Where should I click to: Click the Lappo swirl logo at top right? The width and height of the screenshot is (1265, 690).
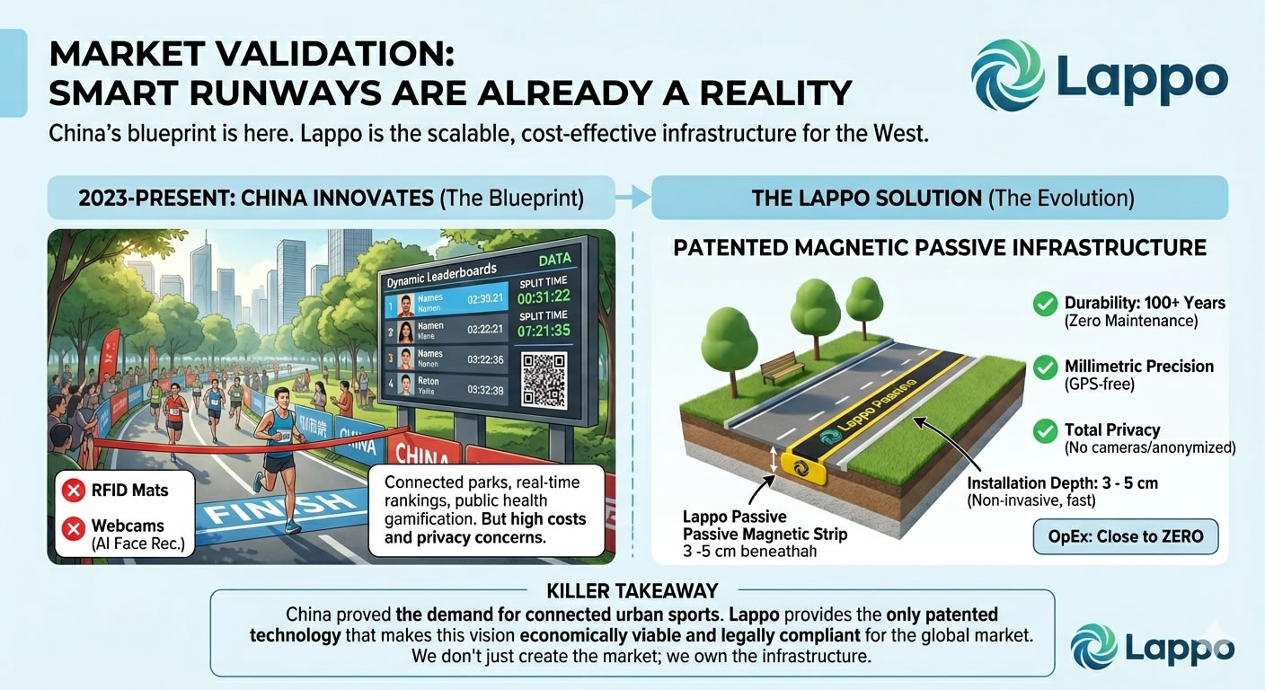(1008, 75)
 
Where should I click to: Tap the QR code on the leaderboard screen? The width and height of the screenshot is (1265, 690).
(544, 379)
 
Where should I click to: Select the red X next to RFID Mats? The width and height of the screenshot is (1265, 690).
(72, 490)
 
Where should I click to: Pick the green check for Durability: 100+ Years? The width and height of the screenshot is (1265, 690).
(1045, 305)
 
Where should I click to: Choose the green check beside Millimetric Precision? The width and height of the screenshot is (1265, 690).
(1045, 367)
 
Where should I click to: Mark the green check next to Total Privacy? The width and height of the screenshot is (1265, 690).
(1045, 431)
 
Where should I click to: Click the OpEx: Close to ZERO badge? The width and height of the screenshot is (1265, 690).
(1125, 536)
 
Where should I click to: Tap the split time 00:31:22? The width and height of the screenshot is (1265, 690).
(543, 296)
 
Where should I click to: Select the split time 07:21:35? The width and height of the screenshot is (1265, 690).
(543, 332)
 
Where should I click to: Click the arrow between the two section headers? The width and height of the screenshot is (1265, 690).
(633, 198)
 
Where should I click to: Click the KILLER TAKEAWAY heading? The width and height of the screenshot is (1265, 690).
(632, 591)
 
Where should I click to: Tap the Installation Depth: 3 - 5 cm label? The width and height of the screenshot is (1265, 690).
(1062, 483)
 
